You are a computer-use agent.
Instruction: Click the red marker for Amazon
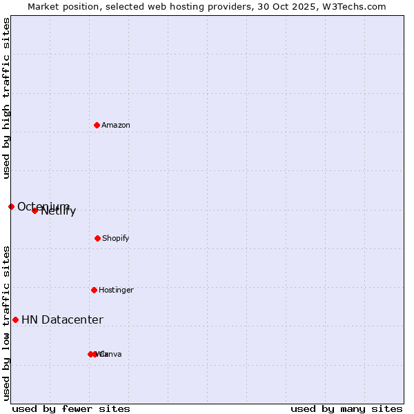tap(97, 125)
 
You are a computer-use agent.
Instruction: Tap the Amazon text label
tap(116, 126)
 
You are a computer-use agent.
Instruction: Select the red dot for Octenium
tap(11, 206)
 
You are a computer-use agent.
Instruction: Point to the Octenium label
tap(43, 207)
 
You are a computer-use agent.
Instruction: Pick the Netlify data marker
tap(34, 210)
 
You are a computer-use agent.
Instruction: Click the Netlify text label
tap(59, 211)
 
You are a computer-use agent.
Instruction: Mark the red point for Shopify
tap(97, 238)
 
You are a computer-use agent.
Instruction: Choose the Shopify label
tap(116, 239)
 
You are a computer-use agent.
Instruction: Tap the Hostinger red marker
tap(94, 290)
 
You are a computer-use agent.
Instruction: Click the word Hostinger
tap(116, 290)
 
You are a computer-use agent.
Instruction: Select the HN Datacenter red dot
tap(15, 319)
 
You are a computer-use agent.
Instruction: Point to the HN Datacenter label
tap(62, 320)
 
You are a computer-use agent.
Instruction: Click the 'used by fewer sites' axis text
tap(71, 408)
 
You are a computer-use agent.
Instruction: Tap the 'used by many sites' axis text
tap(346, 408)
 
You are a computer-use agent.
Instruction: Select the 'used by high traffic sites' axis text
tap(6, 99)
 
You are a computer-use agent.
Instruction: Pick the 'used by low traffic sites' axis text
tap(6, 323)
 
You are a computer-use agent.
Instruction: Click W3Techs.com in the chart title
tap(356, 6)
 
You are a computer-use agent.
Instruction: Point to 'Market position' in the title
tap(59, 6)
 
